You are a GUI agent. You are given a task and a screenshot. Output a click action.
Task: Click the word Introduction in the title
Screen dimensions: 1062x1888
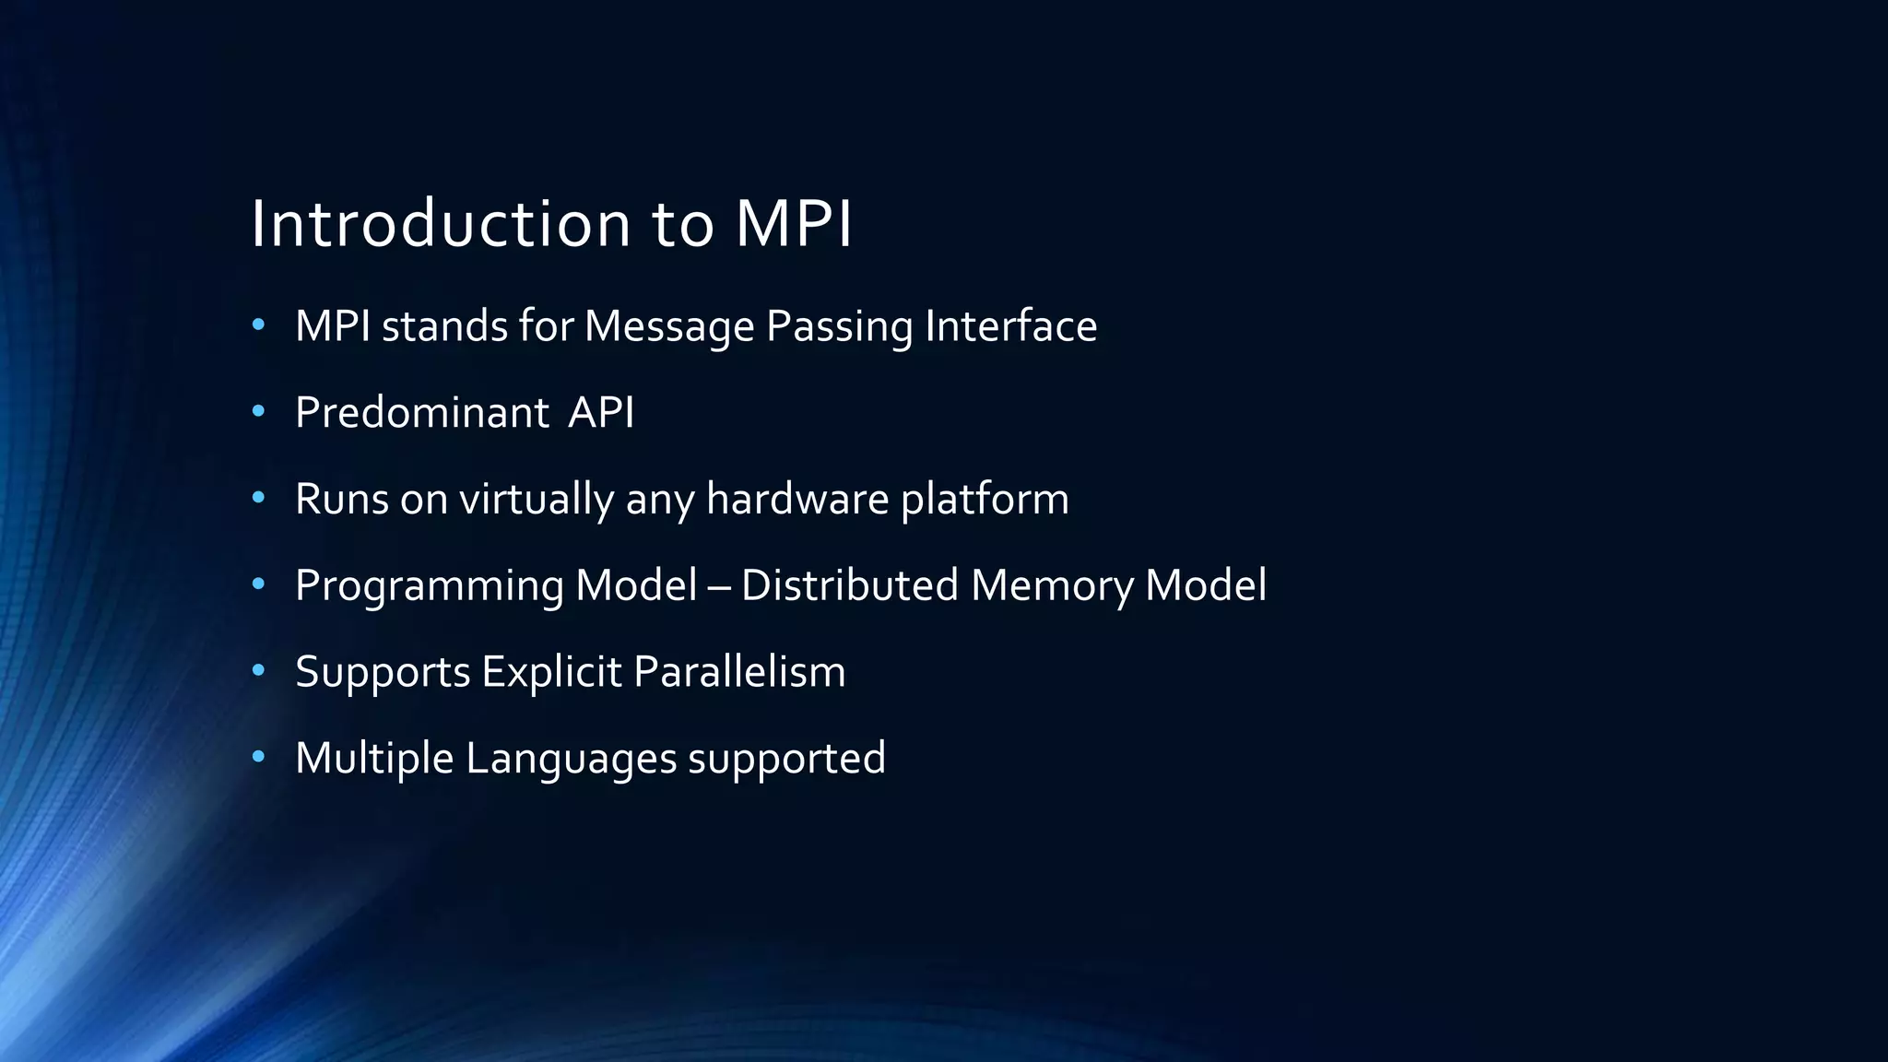click(441, 224)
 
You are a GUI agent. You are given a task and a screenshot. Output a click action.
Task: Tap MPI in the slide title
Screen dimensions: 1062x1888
click(794, 224)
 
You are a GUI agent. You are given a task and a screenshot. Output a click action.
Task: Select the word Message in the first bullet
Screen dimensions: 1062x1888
click(669, 326)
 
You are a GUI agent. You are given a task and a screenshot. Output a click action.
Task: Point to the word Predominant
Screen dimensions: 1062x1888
click(422, 412)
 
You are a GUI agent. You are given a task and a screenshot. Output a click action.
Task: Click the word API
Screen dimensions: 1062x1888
click(601, 412)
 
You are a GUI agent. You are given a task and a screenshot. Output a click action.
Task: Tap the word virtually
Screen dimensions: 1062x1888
click(537, 500)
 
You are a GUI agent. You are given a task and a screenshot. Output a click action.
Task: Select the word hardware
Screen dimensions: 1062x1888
click(797, 499)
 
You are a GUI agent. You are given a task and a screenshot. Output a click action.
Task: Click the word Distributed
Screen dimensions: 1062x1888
click(849, 585)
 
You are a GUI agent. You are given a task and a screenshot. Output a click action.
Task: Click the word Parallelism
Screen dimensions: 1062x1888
click(739, 671)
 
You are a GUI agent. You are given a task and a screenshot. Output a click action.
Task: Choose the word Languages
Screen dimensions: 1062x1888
click(571, 759)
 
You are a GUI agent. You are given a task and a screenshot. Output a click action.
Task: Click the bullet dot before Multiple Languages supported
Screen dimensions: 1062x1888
click(258, 758)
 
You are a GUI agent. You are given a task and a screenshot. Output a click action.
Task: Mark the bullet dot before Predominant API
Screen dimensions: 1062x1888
click(258, 412)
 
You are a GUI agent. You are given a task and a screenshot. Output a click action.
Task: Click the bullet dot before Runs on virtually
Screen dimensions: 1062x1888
click(258, 499)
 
